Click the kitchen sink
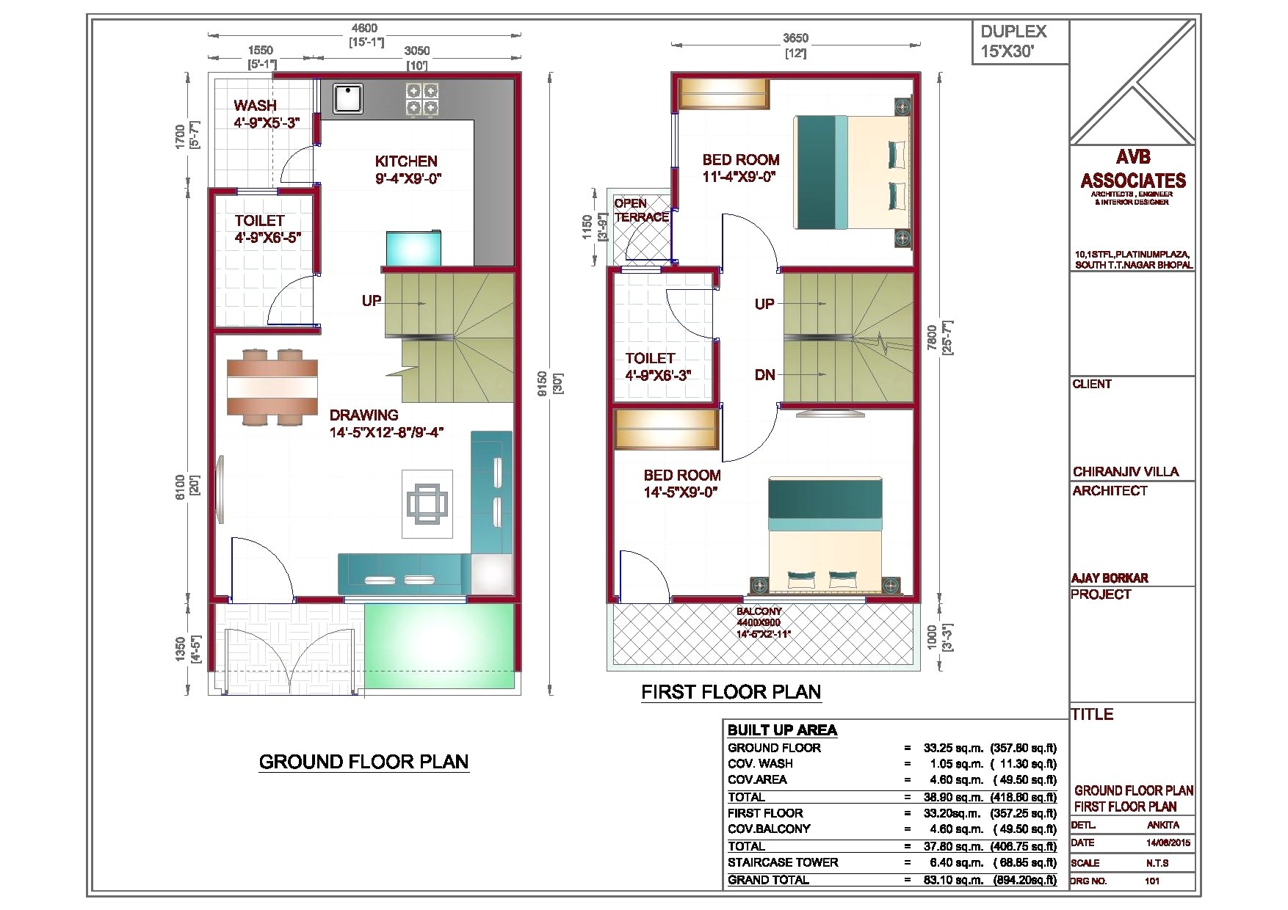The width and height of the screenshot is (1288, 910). point(348,98)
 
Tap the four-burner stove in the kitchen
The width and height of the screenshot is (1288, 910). point(422,100)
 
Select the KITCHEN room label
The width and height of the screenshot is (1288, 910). point(406,161)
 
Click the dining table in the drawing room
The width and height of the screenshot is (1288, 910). point(272,387)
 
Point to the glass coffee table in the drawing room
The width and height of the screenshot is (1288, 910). point(427,503)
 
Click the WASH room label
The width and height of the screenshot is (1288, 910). point(256,106)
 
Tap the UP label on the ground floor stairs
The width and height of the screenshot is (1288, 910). point(372,301)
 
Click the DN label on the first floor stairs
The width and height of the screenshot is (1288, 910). point(765,375)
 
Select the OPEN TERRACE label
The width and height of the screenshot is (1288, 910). point(641,210)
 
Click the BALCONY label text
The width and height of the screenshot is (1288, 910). point(759,611)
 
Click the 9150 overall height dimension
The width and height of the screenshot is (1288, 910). point(541,384)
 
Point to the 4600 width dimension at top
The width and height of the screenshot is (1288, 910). point(365,29)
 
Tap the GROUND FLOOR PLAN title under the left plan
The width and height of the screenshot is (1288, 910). point(363,762)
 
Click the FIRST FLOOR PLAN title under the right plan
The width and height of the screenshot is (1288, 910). point(731,692)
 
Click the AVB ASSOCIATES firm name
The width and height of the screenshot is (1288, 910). point(1132,170)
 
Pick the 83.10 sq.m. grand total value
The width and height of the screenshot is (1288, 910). point(952,880)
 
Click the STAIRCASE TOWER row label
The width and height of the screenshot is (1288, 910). point(783,863)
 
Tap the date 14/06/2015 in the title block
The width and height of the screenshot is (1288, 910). point(1168,842)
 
